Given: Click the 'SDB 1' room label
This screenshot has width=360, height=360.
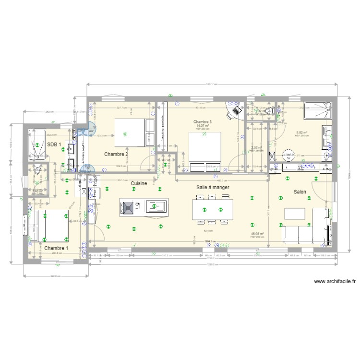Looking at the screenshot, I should tap(54, 144).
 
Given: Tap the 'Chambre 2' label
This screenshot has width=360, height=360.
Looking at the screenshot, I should tap(116, 154).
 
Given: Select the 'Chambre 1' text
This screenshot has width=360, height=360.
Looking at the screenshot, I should tap(56, 248).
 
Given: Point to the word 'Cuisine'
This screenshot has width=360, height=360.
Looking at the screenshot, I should tap(138, 183).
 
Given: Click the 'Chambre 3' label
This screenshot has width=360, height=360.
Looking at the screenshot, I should tap(203, 122).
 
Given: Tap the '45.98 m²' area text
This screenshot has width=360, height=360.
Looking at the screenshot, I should tap(257, 234).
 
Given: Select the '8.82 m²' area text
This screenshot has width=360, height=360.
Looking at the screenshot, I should tap(301, 132).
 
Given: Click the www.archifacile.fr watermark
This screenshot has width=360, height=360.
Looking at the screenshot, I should tap(335, 282).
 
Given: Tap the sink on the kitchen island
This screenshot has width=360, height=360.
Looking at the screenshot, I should tap(155, 206).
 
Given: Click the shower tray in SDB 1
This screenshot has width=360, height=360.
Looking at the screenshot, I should tap(36, 144).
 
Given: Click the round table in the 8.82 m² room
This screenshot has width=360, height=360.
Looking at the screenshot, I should tap(288, 155).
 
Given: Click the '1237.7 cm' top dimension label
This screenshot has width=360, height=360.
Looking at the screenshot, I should tap(212, 84).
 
